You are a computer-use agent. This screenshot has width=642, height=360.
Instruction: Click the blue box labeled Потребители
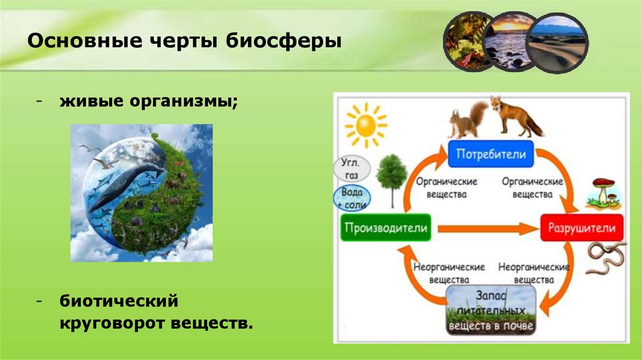pyautogui.click(x=490, y=154)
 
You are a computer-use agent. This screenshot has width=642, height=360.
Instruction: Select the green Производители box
pyautogui.click(x=386, y=228)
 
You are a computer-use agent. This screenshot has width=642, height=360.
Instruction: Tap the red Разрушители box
pyautogui.click(x=581, y=228)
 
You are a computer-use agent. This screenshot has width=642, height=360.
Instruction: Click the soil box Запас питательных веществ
pyautogui.click(x=490, y=310)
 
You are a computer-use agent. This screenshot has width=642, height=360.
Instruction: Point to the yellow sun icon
pyautogui.click(x=366, y=125)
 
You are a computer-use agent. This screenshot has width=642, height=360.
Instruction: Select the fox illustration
pyautogui.click(x=515, y=116)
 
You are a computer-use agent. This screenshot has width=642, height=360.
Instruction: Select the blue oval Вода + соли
pyautogui.click(x=352, y=198)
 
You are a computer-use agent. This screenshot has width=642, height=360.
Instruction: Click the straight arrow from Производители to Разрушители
pyautogui.click(x=486, y=228)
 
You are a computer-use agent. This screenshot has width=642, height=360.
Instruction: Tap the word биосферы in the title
pyautogui.click(x=283, y=41)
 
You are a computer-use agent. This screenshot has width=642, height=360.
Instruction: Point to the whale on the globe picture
pyautogui.click(x=123, y=184)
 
